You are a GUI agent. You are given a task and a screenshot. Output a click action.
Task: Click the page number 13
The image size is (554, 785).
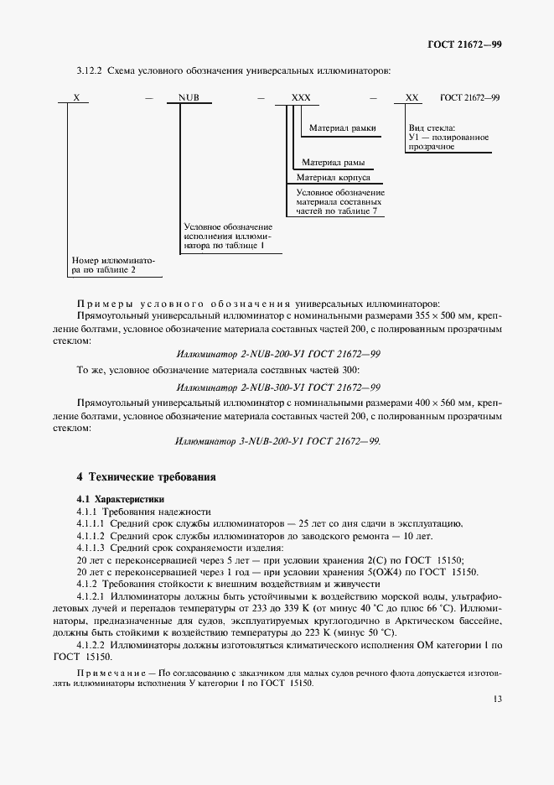(496, 699)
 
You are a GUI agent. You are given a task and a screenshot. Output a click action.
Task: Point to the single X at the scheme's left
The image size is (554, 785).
(75, 97)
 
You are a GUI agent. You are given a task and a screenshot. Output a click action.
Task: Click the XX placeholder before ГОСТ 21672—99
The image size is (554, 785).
(412, 97)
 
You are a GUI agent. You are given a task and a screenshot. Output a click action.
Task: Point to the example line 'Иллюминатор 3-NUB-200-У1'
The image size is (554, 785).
(277, 440)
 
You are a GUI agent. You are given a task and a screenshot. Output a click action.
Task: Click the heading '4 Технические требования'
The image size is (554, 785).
(147, 477)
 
